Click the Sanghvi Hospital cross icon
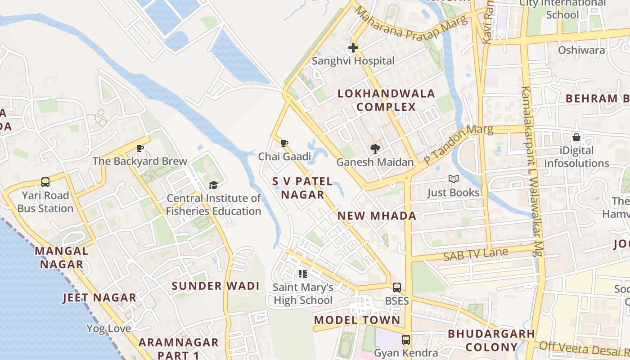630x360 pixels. [x=353, y=47]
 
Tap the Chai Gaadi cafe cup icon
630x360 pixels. [x=284, y=144]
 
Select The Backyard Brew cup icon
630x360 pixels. [x=140, y=148]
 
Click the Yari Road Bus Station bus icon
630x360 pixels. [x=45, y=182]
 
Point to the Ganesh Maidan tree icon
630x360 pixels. [x=374, y=149]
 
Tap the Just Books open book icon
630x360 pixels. [x=453, y=179]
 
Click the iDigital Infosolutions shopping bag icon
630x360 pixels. [x=576, y=137]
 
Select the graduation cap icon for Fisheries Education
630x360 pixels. [x=213, y=185]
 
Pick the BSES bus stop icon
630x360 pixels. [x=396, y=287]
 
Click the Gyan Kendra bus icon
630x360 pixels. [x=406, y=340]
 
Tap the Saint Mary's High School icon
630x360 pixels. [x=303, y=274]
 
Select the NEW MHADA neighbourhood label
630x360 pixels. [x=377, y=216]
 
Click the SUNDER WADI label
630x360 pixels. [x=216, y=286]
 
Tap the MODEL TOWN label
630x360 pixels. [x=357, y=320]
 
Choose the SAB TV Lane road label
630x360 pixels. [x=475, y=255]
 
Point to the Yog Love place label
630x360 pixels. [x=109, y=328]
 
